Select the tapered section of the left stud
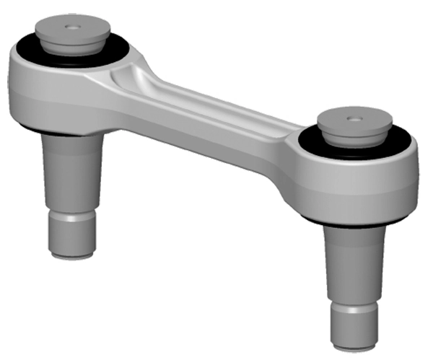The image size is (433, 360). [72, 173]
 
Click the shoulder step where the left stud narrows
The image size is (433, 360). [72, 214]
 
